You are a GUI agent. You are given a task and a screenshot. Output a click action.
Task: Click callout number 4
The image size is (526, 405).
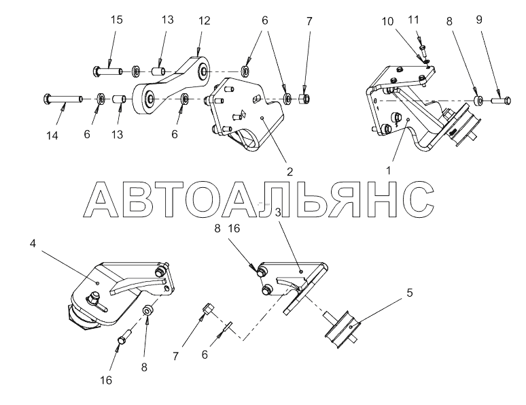point(32,242)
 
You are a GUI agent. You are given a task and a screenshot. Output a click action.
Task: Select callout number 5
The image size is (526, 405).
point(409,293)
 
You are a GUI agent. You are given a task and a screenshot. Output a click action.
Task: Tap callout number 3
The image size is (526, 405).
point(278,213)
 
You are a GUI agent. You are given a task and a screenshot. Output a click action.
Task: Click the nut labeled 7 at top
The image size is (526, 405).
point(305,99)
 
